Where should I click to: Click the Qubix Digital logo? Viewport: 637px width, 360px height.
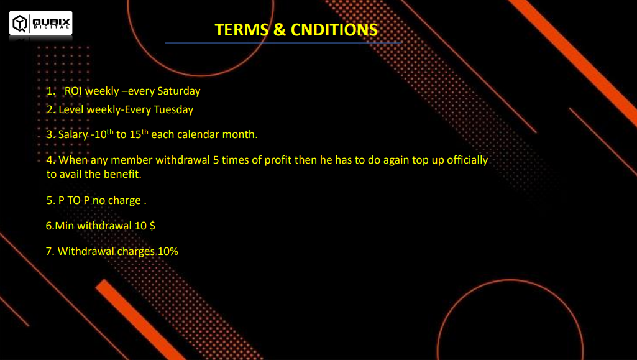[x=40, y=23]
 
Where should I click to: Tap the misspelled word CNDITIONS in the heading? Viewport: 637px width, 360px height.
[x=334, y=30]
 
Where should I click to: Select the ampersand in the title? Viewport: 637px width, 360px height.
[x=280, y=30]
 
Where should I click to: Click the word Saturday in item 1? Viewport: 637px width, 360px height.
[x=179, y=91]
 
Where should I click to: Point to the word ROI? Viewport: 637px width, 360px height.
[x=73, y=91]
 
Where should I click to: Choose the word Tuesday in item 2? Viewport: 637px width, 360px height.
[x=173, y=109]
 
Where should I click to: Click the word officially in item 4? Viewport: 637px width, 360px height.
[x=467, y=160]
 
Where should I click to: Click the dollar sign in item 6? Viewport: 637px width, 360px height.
[x=152, y=226]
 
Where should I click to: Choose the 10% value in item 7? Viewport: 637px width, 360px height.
[x=168, y=252]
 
